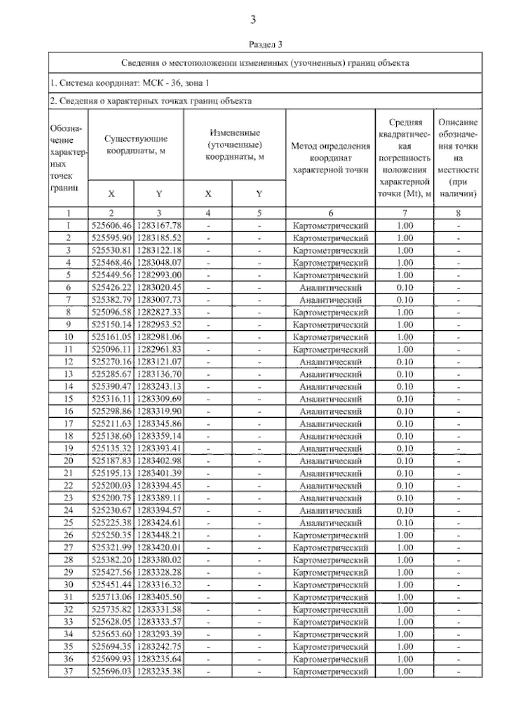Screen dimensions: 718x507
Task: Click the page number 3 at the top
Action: [253, 19]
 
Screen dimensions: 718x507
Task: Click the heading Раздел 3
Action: [265, 44]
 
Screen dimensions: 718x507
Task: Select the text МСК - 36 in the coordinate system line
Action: [162, 83]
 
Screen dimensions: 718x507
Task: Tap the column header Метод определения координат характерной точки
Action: [330, 158]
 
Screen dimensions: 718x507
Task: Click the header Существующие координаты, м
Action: [136, 144]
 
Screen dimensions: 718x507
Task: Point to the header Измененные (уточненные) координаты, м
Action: [234, 144]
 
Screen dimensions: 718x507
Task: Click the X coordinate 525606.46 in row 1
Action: [112, 226]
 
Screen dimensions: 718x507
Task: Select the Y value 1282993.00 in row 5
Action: [159, 275]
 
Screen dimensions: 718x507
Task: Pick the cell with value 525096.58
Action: [112, 312]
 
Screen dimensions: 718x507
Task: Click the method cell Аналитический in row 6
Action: [330, 288]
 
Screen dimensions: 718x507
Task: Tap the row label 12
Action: [68, 362]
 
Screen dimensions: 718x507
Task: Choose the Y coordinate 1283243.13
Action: [159, 386]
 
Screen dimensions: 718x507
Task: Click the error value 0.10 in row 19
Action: [405, 449]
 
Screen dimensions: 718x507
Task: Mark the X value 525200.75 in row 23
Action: [112, 498]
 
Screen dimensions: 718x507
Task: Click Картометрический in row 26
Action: [330, 535]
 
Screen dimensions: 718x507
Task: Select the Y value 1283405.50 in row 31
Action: [159, 597]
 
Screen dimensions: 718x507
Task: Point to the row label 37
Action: [68, 671]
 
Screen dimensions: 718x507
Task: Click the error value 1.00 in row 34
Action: [405, 634]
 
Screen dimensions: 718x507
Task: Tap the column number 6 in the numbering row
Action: [330, 213]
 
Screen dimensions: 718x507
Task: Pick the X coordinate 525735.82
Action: [112, 609]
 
